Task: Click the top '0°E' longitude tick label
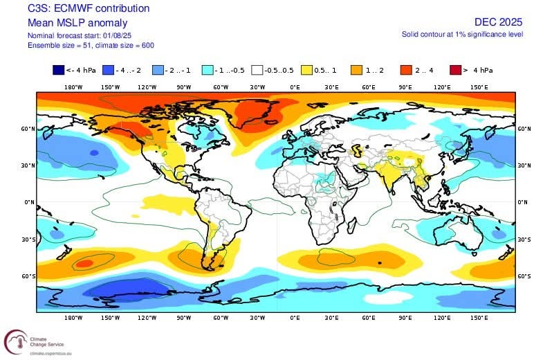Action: click(x=295, y=87)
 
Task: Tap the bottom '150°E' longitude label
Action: click(x=479, y=317)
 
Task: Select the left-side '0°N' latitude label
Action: click(x=29, y=202)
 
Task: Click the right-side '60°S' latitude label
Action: click(x=524, y=276)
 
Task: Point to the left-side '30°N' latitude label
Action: click(x=28, y=165)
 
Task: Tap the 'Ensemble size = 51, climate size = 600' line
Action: click(x=90, y=45)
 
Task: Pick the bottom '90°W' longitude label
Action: click(x=183, y=317)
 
